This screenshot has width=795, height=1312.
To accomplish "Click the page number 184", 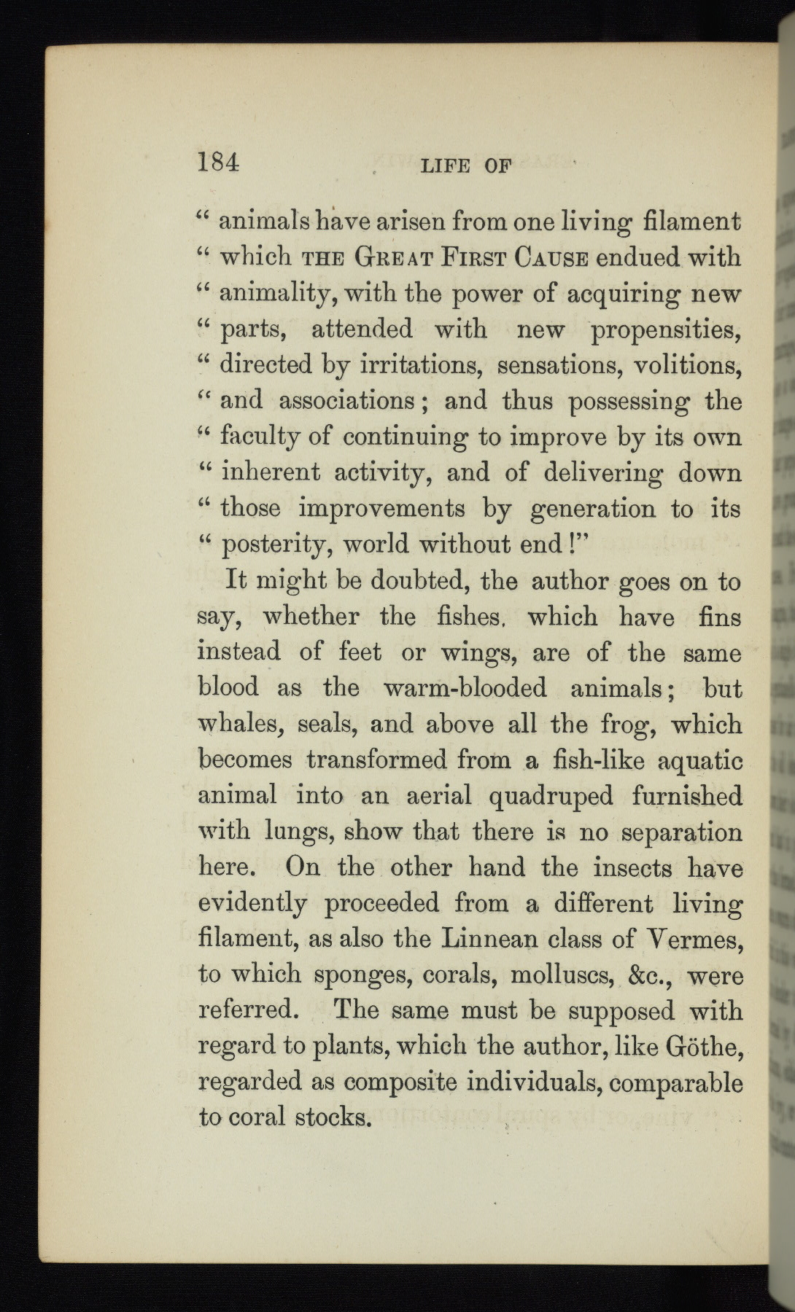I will tap(218, 163).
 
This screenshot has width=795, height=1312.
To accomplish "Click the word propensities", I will tap(666, 329).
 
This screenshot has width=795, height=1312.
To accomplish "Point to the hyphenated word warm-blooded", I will tap(463, 688).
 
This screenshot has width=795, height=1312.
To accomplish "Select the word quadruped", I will tap(551, 796).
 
